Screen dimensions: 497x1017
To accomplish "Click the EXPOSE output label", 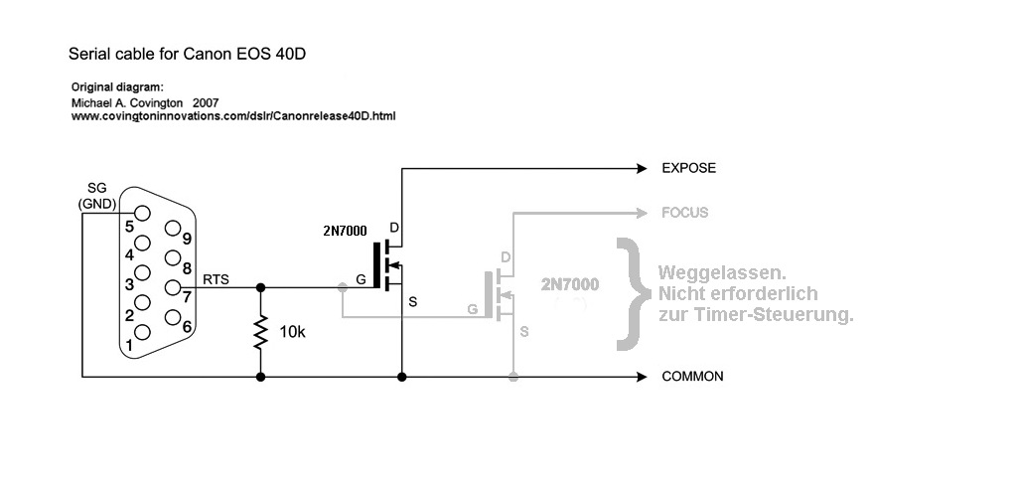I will point(688,168).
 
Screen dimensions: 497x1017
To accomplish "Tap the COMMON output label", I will point(692,377).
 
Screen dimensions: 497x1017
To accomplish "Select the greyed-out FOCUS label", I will point(684,213).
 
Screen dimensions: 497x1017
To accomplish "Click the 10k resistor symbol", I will point(261,333).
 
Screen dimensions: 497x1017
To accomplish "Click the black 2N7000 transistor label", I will point(345,231).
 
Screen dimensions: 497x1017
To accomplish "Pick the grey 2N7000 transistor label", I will point(570,284).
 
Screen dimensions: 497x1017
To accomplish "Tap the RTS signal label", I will point(216,279).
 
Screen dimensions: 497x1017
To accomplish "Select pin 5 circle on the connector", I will point(142,213).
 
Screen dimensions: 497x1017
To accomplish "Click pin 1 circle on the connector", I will point(142,332).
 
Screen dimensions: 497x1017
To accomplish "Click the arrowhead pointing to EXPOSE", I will point(641,169).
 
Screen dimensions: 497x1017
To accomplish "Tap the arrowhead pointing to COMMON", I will point(641,378).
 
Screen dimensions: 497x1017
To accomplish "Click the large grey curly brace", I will point(627,294).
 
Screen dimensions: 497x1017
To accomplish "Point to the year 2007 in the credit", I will point(206,102).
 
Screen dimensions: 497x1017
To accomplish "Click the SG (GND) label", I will point(97,196).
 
